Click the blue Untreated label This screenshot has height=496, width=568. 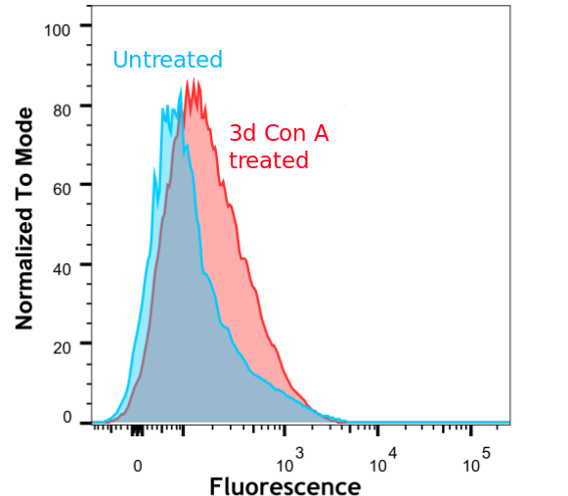click(167, 60)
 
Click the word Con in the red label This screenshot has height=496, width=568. click(284, 134)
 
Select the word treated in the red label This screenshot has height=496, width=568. click(268, 160)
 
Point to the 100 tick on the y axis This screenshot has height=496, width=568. click(58, 29)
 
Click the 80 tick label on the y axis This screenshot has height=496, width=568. click(62, 106)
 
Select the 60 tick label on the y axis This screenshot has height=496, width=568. click(62, 185)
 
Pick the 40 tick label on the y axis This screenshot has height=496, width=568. click(62, 264)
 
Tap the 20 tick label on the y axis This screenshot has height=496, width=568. click(62, 344)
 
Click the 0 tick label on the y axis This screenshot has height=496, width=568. click(67, 418)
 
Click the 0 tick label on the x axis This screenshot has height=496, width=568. click(138, 467)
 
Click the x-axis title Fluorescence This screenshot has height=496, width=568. click(284, 486)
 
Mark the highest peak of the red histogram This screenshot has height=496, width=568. click(194, 79)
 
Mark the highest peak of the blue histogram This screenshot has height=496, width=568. click(182, 88)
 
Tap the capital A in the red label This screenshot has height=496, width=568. click(320, 134)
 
